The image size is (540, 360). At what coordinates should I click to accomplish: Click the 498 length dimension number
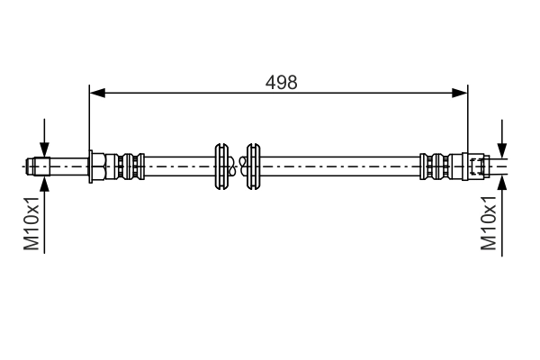click(x=282, y=81)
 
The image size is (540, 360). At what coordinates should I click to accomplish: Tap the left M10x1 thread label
click(x=31, y=223)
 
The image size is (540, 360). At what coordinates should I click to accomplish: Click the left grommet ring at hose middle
click(x=220, y=166)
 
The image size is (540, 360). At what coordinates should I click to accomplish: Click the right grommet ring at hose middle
click(x=253, y=166)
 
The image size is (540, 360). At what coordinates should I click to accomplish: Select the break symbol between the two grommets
click(x=237, y=166)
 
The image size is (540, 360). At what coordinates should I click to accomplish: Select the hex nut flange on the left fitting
click(x=93, y=166)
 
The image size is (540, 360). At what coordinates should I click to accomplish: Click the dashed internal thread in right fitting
click(x=477, y=166)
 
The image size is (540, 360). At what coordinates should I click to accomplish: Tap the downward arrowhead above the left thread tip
click(x=42, y=150)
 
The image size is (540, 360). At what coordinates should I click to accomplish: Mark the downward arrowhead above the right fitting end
click(x=502, y=150)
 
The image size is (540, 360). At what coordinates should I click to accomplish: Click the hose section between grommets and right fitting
click(x=342, y=166)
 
